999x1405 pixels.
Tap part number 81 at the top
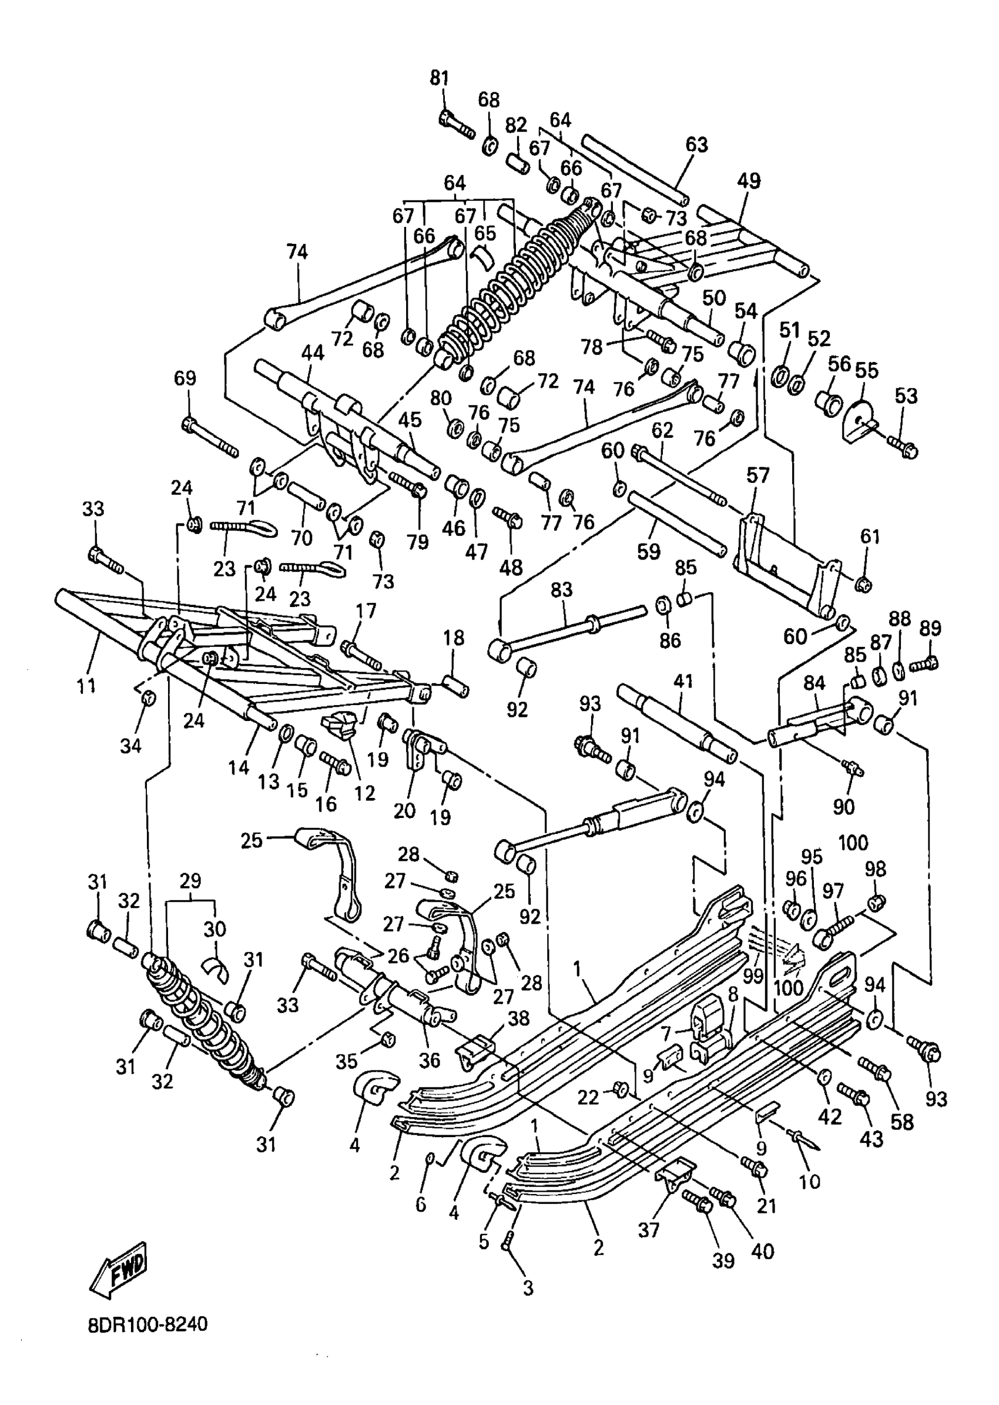(438, 78)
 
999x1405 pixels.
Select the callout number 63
(696, 145)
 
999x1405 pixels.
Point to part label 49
(749, 181)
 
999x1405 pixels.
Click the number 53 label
(906, 395)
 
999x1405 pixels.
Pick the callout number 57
(758, 475)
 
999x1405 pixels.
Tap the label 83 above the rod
(561, 589)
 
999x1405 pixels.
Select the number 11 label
(86, 685)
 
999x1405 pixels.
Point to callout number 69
(185, 378)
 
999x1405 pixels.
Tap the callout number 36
(430, 1059)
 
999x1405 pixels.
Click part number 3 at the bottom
(528, 1288)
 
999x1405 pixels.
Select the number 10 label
(810, 1181)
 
